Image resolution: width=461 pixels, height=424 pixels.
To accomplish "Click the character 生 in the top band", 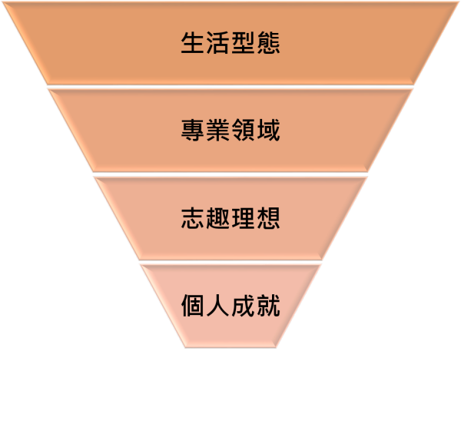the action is tap(193, 42).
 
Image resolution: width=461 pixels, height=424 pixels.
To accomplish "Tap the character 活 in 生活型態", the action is tap(218, 42).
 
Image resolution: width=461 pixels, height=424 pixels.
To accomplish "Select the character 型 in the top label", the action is tap(243, 42).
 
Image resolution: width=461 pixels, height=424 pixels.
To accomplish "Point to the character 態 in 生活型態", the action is tap(268, 42).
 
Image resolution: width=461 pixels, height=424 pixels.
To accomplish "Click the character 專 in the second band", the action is tap(193, 130).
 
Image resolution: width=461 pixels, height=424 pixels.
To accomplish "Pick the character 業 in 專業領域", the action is tap(218, 130).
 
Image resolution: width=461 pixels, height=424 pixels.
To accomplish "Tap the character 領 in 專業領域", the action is tap(243, 130).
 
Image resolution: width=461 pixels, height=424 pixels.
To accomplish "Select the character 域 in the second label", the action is tap(268, 130).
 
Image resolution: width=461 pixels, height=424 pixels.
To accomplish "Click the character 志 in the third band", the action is tap(193, 218).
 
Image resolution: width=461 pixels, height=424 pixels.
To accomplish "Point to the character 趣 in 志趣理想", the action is tap(218, 218).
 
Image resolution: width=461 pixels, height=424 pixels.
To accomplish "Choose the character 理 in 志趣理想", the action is tap(243, 218).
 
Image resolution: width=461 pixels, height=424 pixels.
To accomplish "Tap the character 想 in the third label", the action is tap(268, 218).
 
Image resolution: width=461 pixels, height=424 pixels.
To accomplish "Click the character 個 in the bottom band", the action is tap(193, 306).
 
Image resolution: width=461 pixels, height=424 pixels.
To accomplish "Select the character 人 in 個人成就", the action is tap(218, 306).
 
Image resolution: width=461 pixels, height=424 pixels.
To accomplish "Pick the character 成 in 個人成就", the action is tap(243, 306).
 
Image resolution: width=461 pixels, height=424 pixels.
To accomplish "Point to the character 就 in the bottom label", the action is tap(268, 306).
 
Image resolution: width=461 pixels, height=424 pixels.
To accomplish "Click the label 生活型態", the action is tap(230, 42).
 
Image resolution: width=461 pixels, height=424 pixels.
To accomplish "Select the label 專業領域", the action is tap(230, 130).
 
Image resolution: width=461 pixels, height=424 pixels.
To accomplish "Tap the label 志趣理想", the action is tap(230, 218).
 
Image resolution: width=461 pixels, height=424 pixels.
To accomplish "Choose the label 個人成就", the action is tap(230, 306).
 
